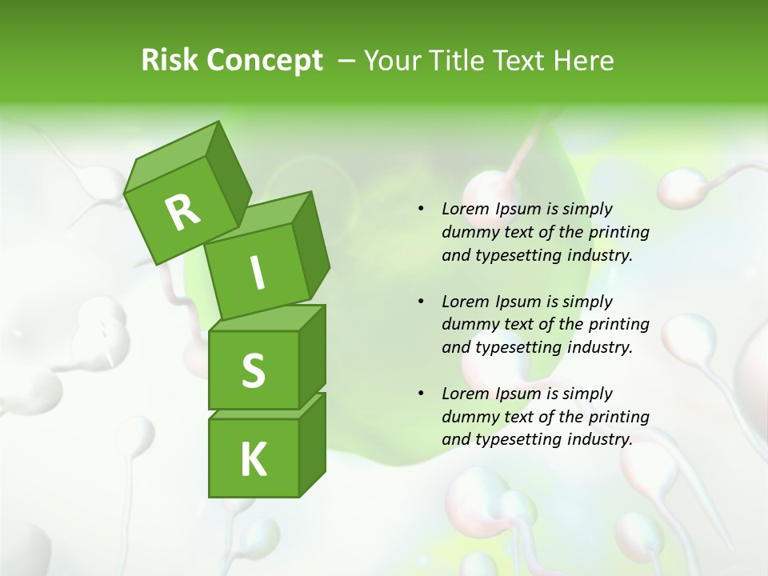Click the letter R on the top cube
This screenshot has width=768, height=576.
(183, 211)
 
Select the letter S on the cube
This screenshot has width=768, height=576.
(253, 370)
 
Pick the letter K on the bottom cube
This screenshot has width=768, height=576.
(253, 459)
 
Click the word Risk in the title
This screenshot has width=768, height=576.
(170, 61)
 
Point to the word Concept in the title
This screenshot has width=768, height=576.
(263, 61)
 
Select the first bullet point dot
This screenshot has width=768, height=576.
(421, 210)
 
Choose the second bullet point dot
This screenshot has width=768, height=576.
(421, 302)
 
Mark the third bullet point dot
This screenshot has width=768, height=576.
(421, 394)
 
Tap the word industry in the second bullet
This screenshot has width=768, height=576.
(600, 348)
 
